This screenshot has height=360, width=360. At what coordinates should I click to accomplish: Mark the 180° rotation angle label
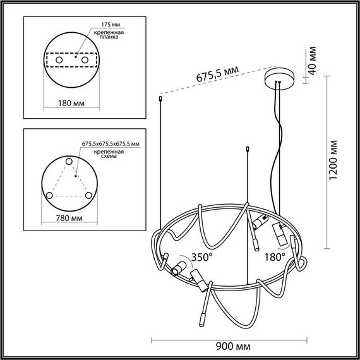[275, 258]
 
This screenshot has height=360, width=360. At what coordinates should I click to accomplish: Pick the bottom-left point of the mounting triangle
[51, 195]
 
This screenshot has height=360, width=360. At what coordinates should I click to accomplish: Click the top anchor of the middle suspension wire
[247, 150]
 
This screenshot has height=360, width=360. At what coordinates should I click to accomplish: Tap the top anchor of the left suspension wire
[159, 99]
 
